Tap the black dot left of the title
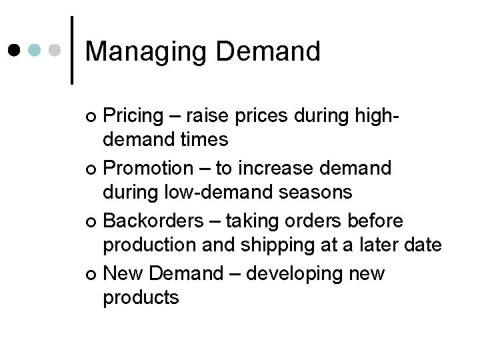15,50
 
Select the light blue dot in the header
36,50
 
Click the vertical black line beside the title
72,50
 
